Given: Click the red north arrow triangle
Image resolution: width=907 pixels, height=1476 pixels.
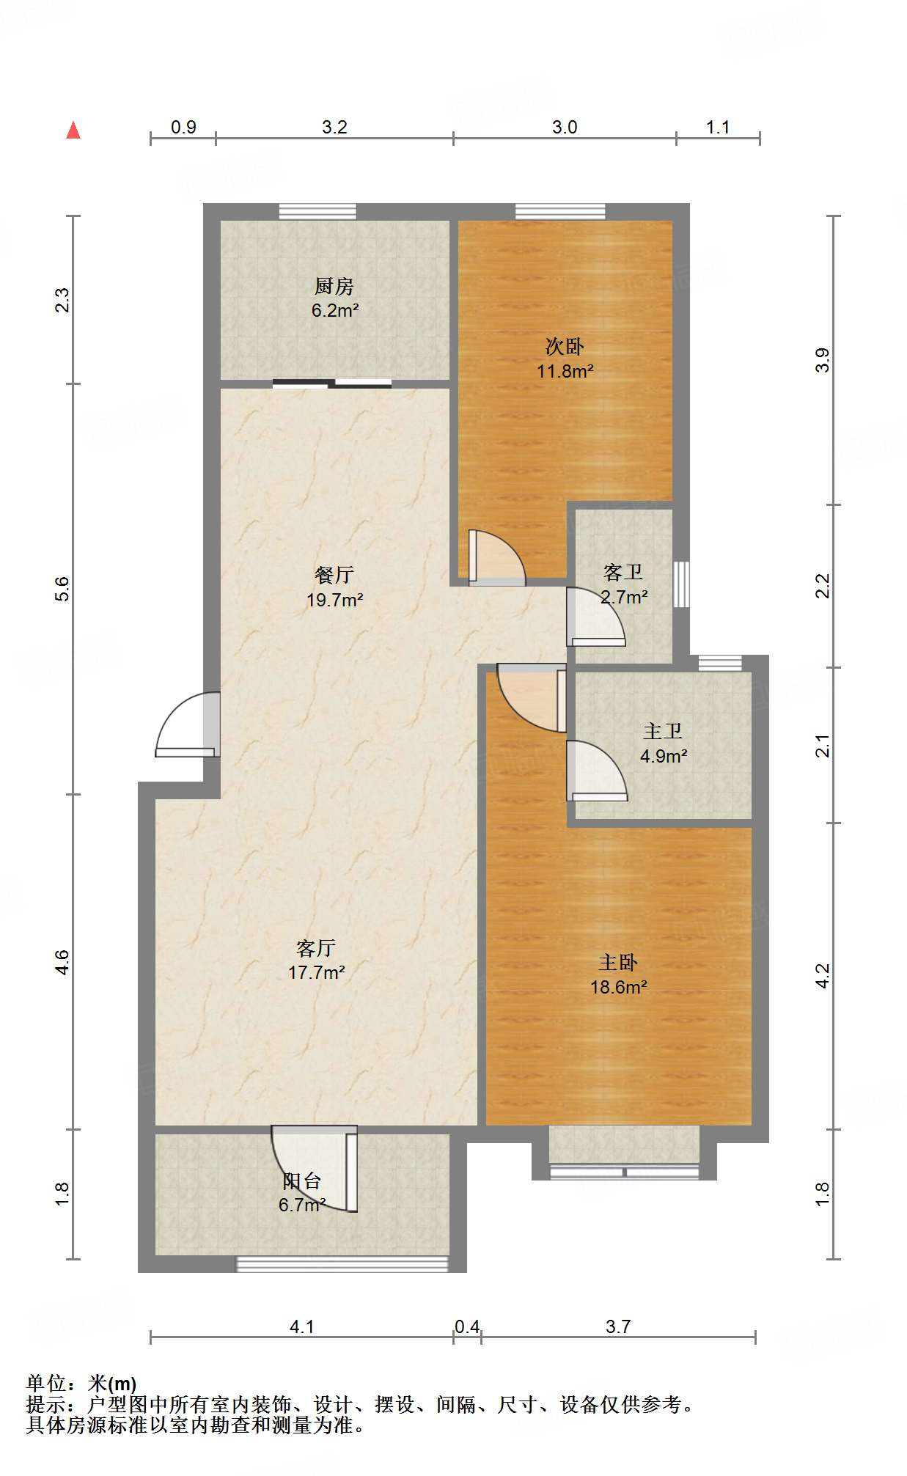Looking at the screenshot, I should coord(73,131).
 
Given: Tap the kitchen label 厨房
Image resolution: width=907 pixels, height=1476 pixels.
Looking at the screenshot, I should coord(334,286).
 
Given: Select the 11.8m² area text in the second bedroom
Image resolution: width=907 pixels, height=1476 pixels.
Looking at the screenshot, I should coord(565,371).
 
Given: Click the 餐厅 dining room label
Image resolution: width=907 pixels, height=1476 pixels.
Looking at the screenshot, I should coord(334,575).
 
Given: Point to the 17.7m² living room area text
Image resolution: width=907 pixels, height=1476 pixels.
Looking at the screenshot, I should coord(317,972).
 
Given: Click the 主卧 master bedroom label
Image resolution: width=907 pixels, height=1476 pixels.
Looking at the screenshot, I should coord(618,962).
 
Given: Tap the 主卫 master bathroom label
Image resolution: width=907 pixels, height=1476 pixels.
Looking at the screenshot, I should coord(663,731).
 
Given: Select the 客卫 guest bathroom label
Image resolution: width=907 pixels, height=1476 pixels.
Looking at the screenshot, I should coord(623,572).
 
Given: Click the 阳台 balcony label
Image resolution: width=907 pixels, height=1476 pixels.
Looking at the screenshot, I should coord(302,1181).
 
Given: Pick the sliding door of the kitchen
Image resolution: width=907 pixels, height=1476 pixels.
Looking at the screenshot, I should coord(332,383).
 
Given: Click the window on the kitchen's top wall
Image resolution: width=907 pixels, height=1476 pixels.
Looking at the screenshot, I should coord(317,212).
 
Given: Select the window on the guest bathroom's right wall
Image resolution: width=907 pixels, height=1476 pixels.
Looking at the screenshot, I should coord(681,584).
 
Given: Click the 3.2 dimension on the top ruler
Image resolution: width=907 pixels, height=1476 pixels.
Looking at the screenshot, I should coord(334,127).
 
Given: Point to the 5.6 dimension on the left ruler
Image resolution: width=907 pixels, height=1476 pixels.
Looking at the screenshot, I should coord(63,589).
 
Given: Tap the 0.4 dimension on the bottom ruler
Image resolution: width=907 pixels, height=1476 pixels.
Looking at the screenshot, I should coord(467,1326).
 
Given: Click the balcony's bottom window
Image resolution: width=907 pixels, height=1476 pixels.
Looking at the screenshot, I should coord(342,1263).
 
